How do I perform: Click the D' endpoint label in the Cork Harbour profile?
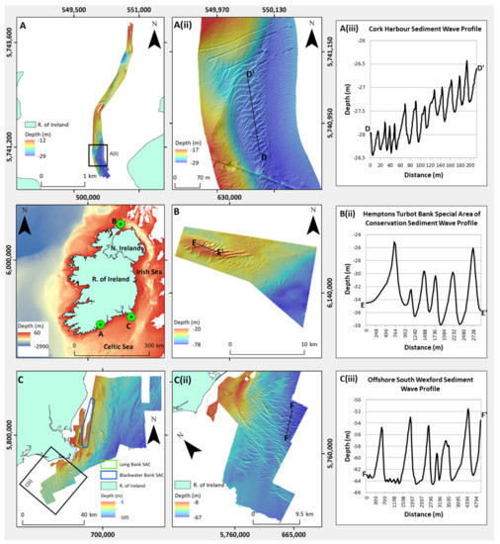479,67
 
